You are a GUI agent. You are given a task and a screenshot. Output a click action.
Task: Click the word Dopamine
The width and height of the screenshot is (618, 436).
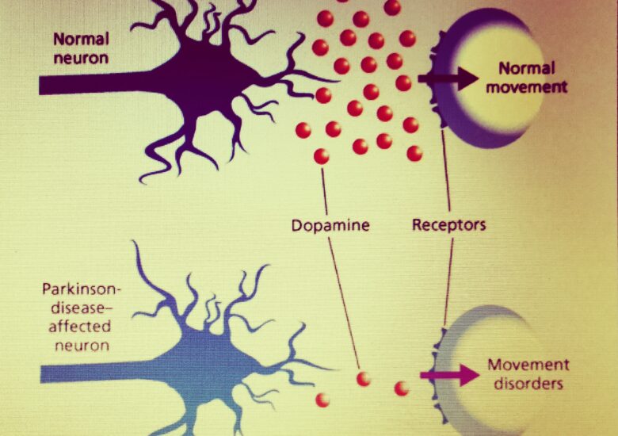tap(330, 225)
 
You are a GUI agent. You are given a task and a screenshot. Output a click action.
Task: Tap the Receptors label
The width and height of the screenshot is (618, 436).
tap(448, 225)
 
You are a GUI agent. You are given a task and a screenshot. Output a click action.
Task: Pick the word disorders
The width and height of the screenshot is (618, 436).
tap(526, 384)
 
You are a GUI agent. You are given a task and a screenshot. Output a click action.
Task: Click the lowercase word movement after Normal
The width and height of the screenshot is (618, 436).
tap(527, 87)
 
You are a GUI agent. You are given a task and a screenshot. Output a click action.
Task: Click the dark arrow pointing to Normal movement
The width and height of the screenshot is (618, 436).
tap(447, 78)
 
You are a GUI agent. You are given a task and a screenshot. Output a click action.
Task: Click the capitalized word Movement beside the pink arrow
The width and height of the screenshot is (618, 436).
tap(528, 365)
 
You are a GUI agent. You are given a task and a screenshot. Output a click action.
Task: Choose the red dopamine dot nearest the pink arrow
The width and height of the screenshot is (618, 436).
tap(402, 388)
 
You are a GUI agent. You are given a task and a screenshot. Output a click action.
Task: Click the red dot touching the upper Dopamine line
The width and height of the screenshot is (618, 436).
tap(321, 156)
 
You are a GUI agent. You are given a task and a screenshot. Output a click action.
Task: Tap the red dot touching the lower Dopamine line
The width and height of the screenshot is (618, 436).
tap(363, 379)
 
